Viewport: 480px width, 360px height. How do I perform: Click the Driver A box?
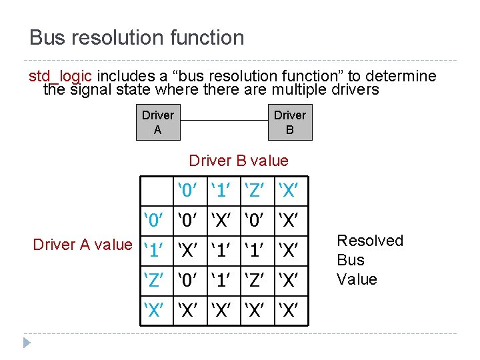pyautogui.click(x=158, y=122)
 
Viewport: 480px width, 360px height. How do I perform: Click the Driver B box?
pyautogui.click(x=290, y=122)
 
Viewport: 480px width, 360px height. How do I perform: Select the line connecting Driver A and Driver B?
pyautogui.click(x=224, y=120)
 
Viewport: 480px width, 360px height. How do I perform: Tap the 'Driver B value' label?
pyautogui.click(x=239, y=161)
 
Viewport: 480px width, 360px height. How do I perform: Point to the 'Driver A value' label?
pyautogui.click(x=83, y=245)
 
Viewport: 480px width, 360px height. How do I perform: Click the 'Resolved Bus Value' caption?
pyautogui.click(x=369, y=259)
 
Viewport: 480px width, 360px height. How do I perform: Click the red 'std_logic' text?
pyautogui.click(x=60, y=76)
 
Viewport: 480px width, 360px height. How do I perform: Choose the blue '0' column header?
pyautogui.click(x=190, y=191)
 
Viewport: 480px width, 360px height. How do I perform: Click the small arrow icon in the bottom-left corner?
pyautogui.click(x=26, y=343)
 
